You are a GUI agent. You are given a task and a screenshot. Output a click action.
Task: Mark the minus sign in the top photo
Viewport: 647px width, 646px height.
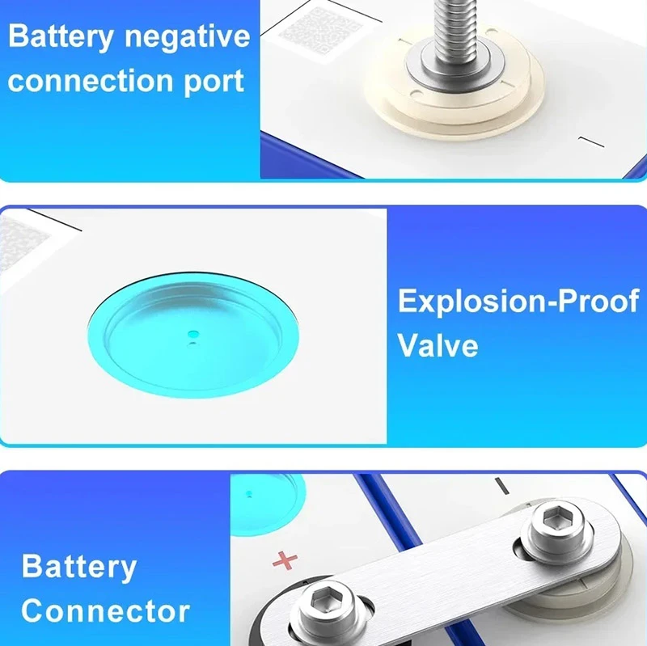tap(590, 144)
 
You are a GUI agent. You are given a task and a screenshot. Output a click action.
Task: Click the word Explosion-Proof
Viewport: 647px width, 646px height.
tap(518, 302)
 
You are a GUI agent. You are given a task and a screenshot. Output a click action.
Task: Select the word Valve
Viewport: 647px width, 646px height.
tap(438, 345)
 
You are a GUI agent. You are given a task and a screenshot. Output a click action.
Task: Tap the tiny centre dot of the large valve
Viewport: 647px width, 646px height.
tap(192, 333)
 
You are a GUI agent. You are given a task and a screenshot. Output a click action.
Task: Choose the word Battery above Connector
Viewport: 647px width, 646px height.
tap(78, 567)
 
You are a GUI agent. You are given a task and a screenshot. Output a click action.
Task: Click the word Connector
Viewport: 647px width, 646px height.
tap(105, 610)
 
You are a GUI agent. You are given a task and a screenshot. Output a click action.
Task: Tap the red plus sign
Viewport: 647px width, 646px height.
tap(285, 559)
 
